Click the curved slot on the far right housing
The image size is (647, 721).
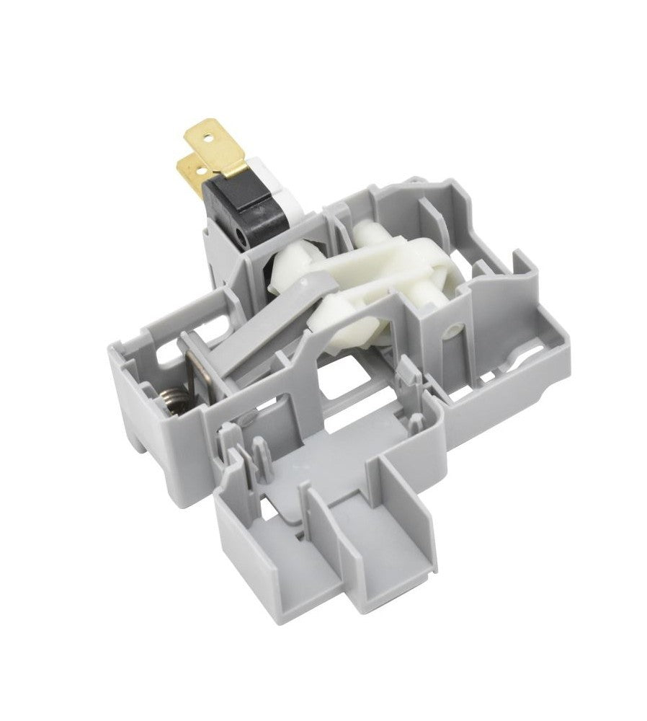click(x=537, y=358)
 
